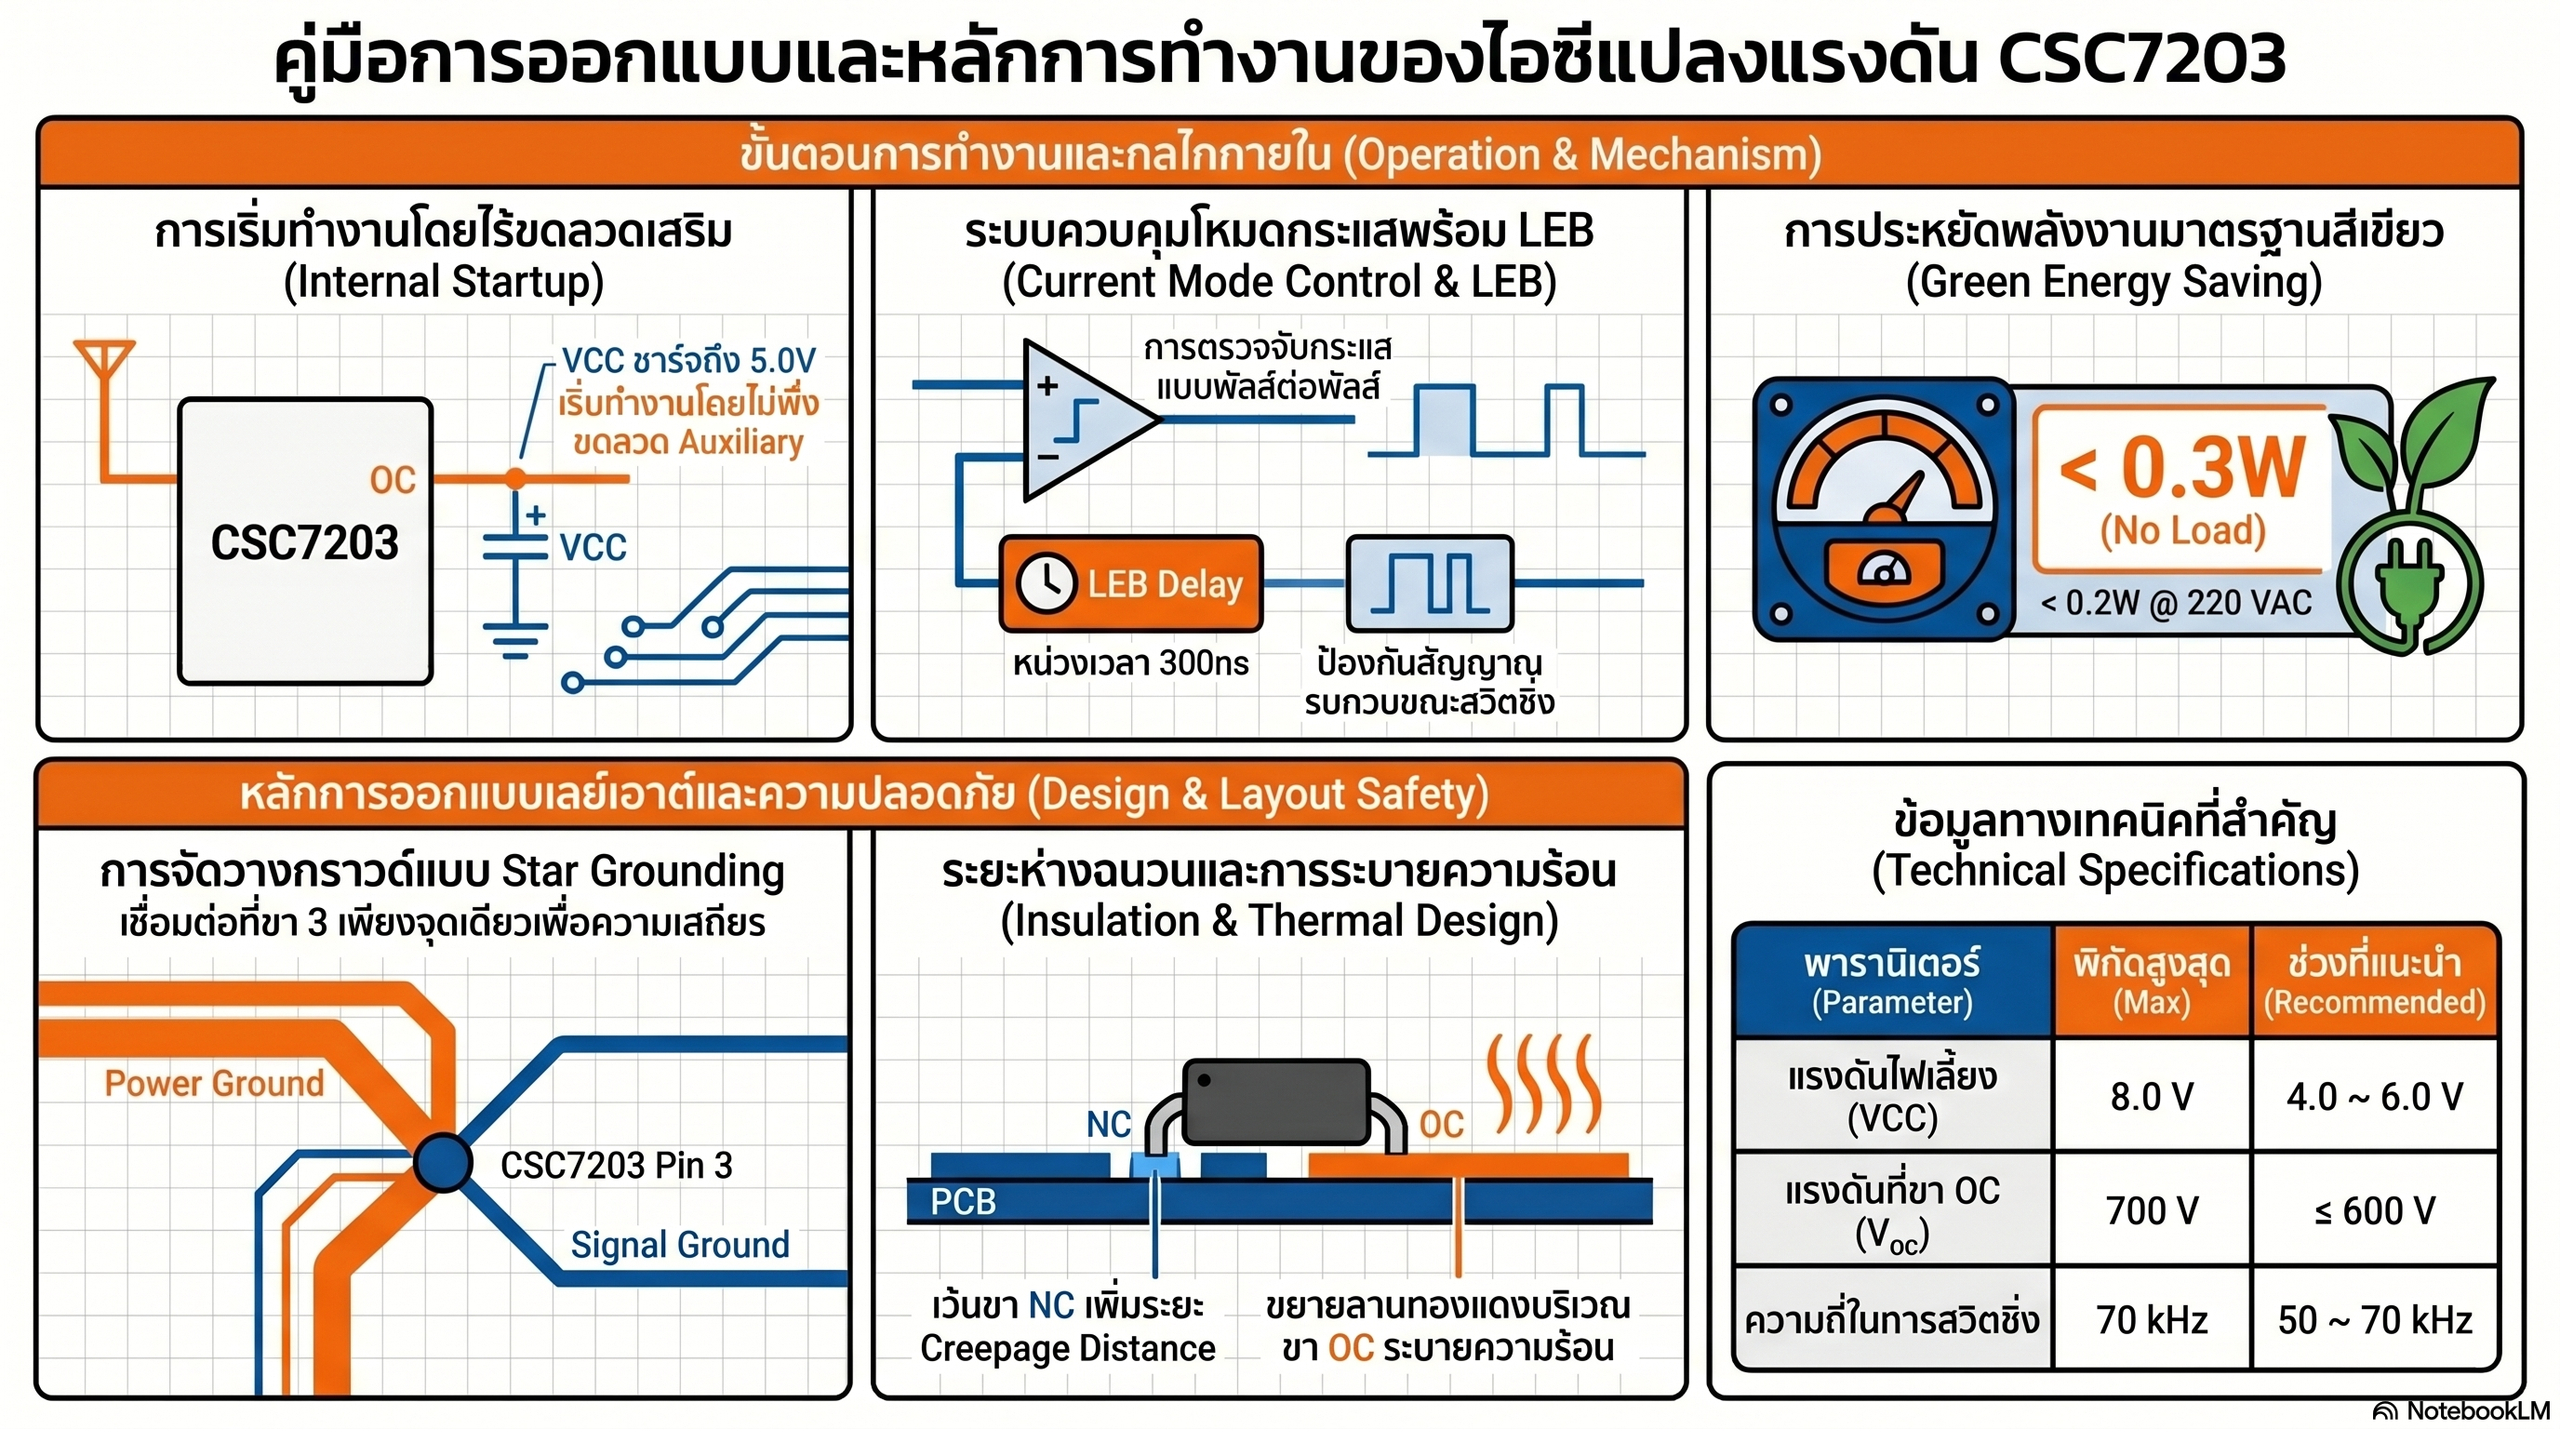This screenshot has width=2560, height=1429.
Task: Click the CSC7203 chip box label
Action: click(x=304, y=542)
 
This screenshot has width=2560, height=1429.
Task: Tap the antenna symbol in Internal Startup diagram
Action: click(x=103, y=362)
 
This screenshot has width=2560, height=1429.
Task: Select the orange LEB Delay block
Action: click(x=1131, y=583)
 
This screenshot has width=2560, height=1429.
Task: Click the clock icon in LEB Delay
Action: click(x=1046, y=583)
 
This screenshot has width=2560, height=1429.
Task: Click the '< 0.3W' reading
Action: click(x=2182, y=467)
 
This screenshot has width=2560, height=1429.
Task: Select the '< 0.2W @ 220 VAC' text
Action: click(x=2177, y=602)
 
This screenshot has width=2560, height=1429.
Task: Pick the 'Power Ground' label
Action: click(x=215, y=1082)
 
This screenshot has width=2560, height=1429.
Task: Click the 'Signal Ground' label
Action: click(x=680, y=1244)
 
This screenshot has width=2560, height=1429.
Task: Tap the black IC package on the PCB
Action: click(x=1276, y=1102)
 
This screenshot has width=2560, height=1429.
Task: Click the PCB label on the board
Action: click(x=962, y=1201)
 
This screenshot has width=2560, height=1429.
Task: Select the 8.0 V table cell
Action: click(x=2152, y=1096)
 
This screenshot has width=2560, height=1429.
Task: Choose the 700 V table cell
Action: click(x=2152, y=1210)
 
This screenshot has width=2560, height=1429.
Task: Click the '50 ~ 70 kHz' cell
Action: click(x=2375, y=1320)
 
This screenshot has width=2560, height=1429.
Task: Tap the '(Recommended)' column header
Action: click(x=2374, y=1002)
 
